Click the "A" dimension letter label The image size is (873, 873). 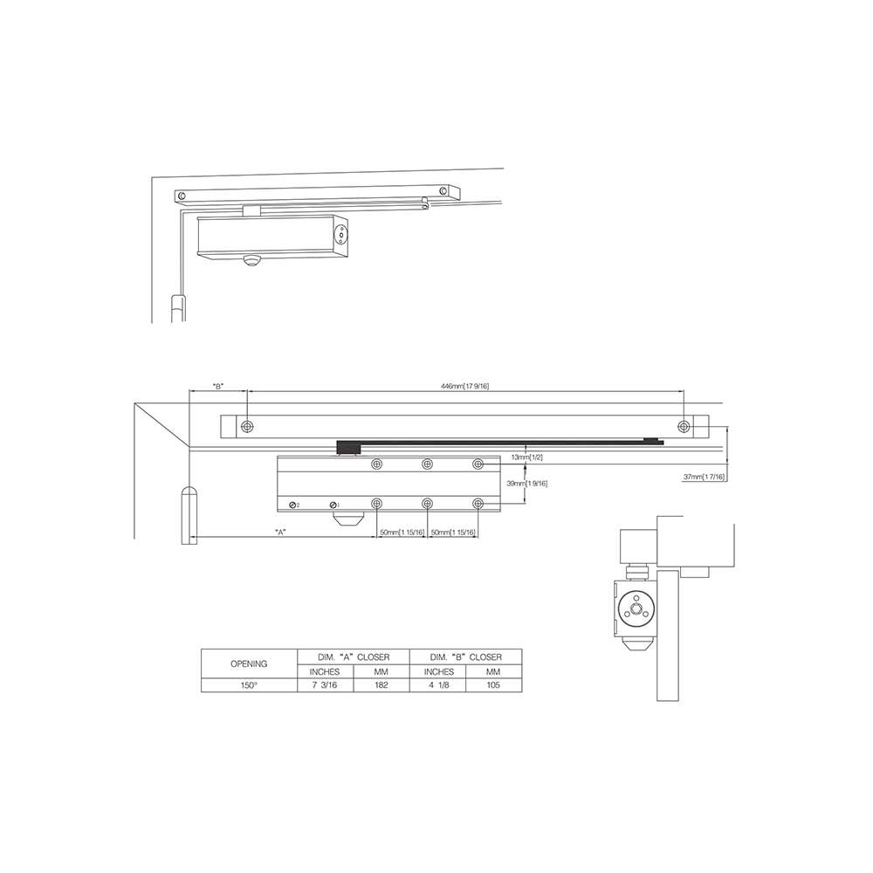280,532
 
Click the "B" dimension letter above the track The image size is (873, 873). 217,386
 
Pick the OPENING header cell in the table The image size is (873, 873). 249,663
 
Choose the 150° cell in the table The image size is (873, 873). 249,685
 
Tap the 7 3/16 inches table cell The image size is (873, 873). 325,685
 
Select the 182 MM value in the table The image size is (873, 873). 382,685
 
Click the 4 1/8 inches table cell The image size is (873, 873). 438,685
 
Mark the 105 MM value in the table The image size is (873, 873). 493,685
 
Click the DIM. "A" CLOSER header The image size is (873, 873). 353,655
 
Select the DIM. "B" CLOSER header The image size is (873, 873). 465,655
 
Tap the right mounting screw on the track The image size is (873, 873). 683,426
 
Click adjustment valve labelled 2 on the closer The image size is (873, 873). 292,505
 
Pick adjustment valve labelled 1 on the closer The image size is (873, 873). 333,505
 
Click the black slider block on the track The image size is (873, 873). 349,448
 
